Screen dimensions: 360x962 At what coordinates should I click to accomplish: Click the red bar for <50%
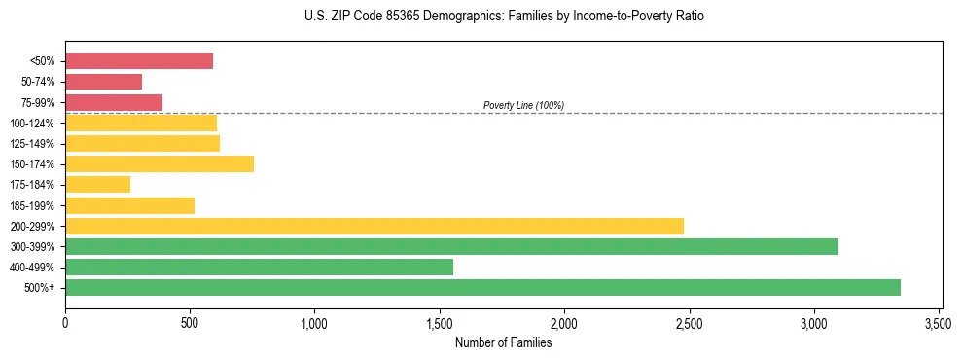(x=139, y=61)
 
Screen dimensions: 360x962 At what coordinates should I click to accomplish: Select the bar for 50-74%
(x=103, y=82)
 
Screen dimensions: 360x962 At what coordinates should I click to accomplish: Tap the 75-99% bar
(x=114, y=102)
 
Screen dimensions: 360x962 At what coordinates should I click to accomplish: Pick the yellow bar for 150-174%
(x=160, y=164)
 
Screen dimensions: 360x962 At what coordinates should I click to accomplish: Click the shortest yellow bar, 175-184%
(x=97, y=185)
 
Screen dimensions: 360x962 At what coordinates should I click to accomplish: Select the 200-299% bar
(x=374, y=226)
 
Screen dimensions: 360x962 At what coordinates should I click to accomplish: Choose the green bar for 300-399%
(x=451, y=247)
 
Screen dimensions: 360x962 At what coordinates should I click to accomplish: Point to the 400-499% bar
(x=259, y=268)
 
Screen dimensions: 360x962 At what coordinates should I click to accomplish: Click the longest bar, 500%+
(x=482, y=288)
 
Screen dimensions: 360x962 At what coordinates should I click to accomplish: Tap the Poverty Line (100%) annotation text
(x=523, y=105)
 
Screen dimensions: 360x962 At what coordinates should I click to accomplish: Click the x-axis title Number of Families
(x=503, y=342)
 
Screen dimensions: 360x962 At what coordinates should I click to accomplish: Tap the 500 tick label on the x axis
(x=190, y=321)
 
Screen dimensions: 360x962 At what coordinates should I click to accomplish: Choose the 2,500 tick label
(x=689, y=321)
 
